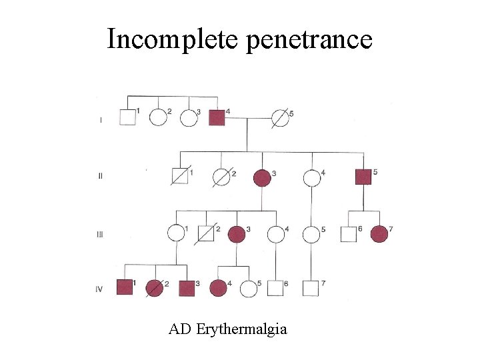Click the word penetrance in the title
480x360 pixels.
pyautogui.click(x=309, y=40)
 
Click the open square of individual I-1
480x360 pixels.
pyautogui.click(x=127, y=117)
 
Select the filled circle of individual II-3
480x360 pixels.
pyautogui.click(x=262, y=178)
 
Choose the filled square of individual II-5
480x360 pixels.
pyautogui.click(x=363, y=177)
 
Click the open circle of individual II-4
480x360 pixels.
pyautogui.click(x=311, y=178)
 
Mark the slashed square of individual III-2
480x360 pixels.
pyautogui.click(x=207, y=234)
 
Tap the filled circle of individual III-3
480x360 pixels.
pyautogui.click(x=236, y=234)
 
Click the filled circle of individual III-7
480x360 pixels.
pyautogui.click(x=379, y=234)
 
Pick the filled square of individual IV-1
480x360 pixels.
pyautogui.click(x=125, y=288)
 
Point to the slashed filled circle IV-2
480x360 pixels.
pyautogui.click(x=155, y=288)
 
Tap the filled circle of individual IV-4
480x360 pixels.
pyautogui.click(x=218, y=288)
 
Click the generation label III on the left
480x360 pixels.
pyautogui.click(x=100, y=234)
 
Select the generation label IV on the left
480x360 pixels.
pyautogui.click(x=100, y=288)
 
